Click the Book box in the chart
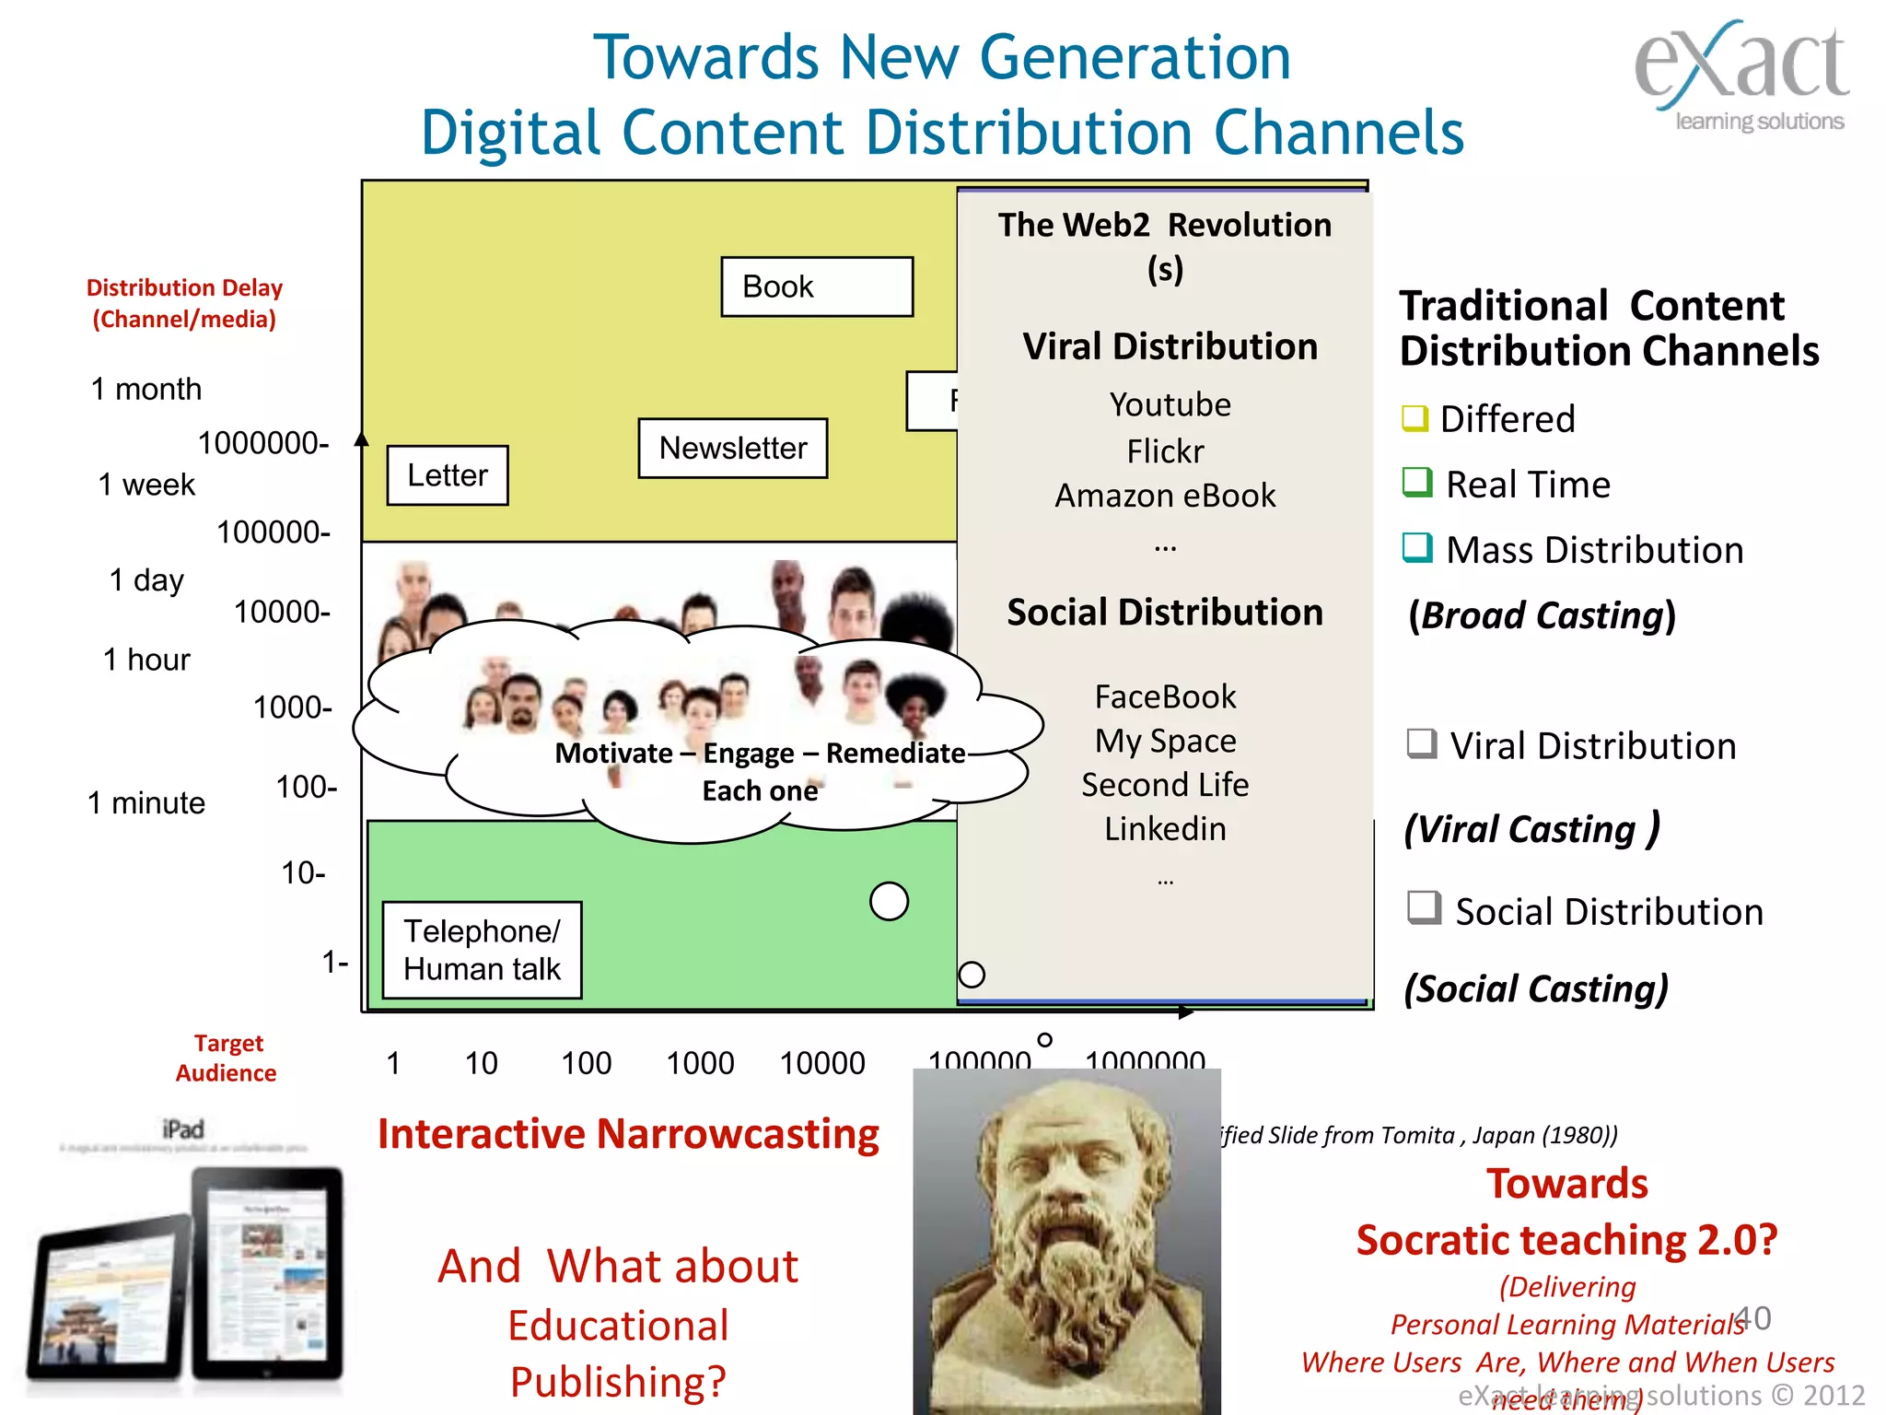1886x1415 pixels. click(816, 287)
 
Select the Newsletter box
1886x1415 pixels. click(732, 449)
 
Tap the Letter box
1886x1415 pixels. click(447, 475)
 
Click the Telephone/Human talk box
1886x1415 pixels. click(482, 950)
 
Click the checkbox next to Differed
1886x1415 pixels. click(1414, 418)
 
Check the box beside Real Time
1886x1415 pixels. click(1416, 482)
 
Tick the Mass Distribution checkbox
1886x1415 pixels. click(1416, 547)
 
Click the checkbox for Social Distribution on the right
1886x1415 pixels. click(1423, 907)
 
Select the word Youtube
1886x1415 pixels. click(1170, 404)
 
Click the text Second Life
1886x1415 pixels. click(1165, 785)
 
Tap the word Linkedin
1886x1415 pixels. click(1165, 829)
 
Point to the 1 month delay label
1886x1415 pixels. click(146, 389)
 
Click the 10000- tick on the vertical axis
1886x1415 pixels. click(282, 612)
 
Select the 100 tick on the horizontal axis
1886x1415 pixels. click(586, 1063)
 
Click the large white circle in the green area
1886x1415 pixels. click(889, 901)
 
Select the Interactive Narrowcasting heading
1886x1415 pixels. click(628, 1134)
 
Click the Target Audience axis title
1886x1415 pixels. click(227, 1058)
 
